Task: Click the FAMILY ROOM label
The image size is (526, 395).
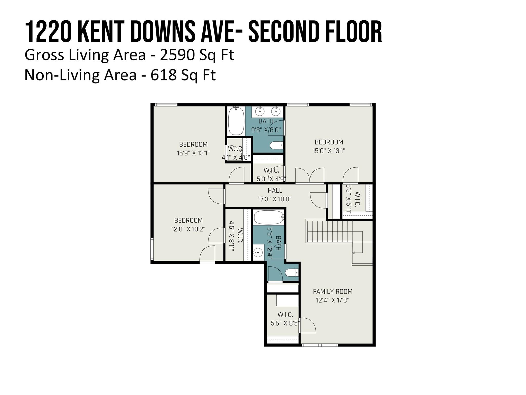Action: point(333,291)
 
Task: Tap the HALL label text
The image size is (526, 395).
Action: point(275,190)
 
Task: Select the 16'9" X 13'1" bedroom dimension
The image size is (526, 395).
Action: point(193,153)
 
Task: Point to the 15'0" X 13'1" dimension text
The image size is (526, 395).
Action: point(329,151)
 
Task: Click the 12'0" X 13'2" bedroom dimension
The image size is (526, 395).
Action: point(188,229)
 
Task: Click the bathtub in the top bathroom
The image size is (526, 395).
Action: point(236,121)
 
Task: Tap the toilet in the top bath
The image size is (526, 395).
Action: point(276,146)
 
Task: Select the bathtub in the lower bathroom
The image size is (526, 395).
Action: point(269,218)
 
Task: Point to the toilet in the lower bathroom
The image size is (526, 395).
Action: point(292,272)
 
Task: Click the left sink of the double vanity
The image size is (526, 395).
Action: point(260,111)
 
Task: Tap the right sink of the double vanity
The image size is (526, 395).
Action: point(276,111)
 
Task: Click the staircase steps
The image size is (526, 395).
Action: point(329,231)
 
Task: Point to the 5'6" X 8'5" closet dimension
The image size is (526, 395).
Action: point(285,323)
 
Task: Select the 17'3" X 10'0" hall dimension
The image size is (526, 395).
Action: point(275,199)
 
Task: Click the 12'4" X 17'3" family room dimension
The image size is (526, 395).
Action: point(333,300)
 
